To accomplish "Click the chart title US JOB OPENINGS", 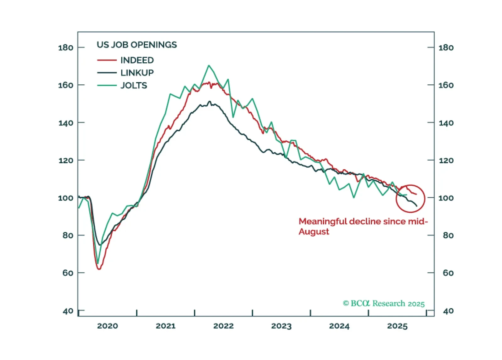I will [x=137, y=45].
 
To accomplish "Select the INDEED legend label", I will [x=137, y=60].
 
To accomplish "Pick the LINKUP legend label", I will [x=137, y=73].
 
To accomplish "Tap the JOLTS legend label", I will [x=134, y=85].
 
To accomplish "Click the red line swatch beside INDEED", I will [x=107, y=60].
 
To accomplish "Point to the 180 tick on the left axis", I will [x=66, y=48].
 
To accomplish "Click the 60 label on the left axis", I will [x=68, y=273].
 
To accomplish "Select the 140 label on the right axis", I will [x=446, y=123].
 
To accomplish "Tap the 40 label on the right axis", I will [x=448, y=311].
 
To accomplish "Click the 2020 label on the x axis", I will [x=108, y=326].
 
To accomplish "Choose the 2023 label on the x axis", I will [x=281, y=326].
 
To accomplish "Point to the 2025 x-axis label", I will [x=397, y=326].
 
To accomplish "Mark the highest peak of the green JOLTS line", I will [x=209, y=65].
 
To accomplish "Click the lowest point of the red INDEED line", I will [x=99, y=269].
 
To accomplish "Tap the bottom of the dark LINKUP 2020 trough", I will [x=100, y=245].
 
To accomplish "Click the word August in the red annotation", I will [x=314, y=232].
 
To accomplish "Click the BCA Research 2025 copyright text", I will [x=383, y=303].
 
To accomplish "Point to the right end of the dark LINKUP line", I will [x=417, y=206].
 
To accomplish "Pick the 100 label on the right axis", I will [x=446, y=198].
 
